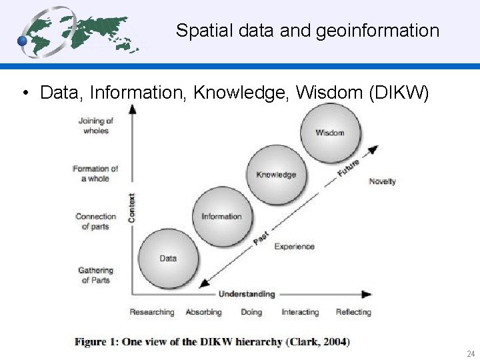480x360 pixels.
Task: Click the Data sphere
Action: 168,257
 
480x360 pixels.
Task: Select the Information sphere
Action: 221,216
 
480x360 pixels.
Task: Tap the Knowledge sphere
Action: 276,175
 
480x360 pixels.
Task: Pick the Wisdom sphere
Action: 331,132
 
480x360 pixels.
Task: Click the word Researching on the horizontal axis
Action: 151,312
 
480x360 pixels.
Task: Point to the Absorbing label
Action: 203,312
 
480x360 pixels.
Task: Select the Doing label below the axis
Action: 251,312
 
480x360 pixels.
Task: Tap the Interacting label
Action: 300,312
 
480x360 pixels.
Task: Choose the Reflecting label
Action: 353,312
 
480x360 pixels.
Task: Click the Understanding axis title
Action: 247,294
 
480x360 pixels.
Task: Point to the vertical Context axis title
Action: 131,208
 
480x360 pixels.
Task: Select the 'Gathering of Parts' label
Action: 96,275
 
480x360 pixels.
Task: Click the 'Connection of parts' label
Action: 95,221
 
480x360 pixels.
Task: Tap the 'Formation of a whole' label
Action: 95,173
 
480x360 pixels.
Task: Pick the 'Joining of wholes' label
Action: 96,125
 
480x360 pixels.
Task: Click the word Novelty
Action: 382,181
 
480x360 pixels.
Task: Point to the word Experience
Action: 294,247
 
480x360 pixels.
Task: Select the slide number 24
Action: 471,353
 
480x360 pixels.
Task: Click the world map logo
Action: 79,31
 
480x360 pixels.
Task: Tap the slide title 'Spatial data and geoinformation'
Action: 307,31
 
